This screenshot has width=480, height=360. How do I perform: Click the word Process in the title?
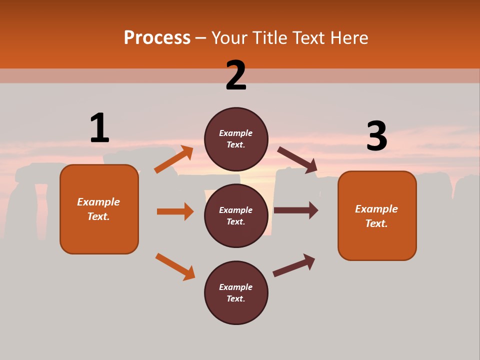(157, 38)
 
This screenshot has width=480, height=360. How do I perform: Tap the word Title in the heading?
(269, 38)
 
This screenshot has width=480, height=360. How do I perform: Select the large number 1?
(99, 128)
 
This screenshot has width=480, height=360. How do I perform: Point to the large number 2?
(236, 75)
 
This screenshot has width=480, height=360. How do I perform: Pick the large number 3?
(376, 136)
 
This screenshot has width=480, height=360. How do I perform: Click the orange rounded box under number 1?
(99, 209)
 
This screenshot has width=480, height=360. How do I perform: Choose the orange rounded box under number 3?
(377, 215)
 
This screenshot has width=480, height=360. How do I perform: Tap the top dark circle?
(236, 139)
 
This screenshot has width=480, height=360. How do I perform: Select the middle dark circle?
(236, 215)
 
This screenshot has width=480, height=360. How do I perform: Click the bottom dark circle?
(236, 292)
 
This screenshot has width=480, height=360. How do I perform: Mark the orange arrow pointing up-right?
(174, 159)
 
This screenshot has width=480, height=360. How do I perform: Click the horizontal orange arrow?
(175, 211)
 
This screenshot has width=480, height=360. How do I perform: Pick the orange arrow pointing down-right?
(175, 266)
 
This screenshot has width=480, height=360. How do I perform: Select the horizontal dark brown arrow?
(296, 210)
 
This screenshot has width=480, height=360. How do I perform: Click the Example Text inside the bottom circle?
(236, 293)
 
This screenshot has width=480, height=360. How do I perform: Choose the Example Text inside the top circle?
(236, 139)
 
